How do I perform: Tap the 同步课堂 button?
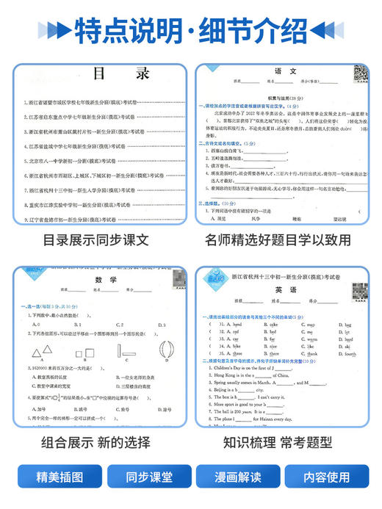[144, 476]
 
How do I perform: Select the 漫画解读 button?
[237, 476]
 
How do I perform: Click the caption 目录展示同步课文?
[96, 239]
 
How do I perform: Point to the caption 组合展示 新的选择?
[96, 442]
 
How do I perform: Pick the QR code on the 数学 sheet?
[174, 280]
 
